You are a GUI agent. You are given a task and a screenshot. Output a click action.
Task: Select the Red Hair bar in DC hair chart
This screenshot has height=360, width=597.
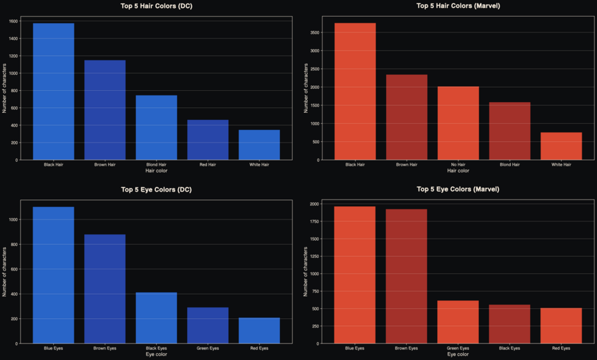[208, 140]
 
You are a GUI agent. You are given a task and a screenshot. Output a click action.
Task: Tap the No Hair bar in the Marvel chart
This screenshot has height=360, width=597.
[458, 123]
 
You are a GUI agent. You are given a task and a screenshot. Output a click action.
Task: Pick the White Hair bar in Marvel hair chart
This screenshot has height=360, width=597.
[561, 146]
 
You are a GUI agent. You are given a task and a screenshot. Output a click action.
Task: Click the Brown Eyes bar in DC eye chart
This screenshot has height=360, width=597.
[105, 289]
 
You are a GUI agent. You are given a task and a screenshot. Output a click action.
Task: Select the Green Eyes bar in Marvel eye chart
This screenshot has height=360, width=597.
[458, 322]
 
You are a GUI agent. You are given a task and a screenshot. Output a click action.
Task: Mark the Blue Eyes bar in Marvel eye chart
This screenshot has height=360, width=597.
[355, 275]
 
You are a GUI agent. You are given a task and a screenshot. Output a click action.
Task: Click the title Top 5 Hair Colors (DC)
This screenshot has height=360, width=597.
[157, 6]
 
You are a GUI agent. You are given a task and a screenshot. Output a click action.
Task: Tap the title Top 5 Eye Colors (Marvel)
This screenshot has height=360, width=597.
[458, 189]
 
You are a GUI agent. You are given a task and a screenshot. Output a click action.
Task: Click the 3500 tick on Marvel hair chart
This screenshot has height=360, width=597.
[314, 32]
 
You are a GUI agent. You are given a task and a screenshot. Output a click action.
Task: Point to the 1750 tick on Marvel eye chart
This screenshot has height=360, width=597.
[314, 221]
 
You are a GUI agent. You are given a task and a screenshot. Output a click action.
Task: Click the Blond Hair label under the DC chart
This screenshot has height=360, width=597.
[157, 164]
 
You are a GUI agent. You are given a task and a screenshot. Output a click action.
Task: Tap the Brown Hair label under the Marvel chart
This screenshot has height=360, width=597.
[407, 164]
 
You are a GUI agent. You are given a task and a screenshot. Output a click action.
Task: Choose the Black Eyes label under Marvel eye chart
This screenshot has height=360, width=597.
[509, 348]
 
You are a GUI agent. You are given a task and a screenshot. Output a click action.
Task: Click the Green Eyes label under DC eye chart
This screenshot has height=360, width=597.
[208, 348]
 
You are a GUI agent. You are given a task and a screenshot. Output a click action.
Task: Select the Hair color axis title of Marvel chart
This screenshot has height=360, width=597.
[458, 170]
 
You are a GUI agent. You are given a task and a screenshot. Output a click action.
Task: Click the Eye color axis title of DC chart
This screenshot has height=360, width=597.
[157, 355]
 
